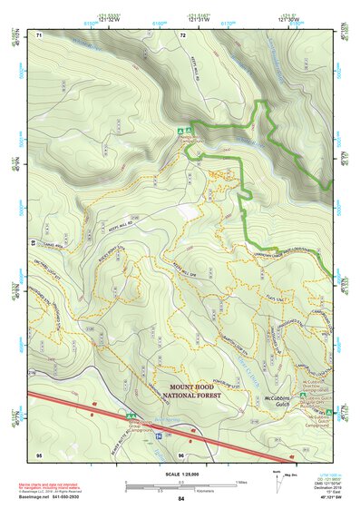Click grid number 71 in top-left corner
tap(39, 35)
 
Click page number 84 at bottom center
tap(181, 499)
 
